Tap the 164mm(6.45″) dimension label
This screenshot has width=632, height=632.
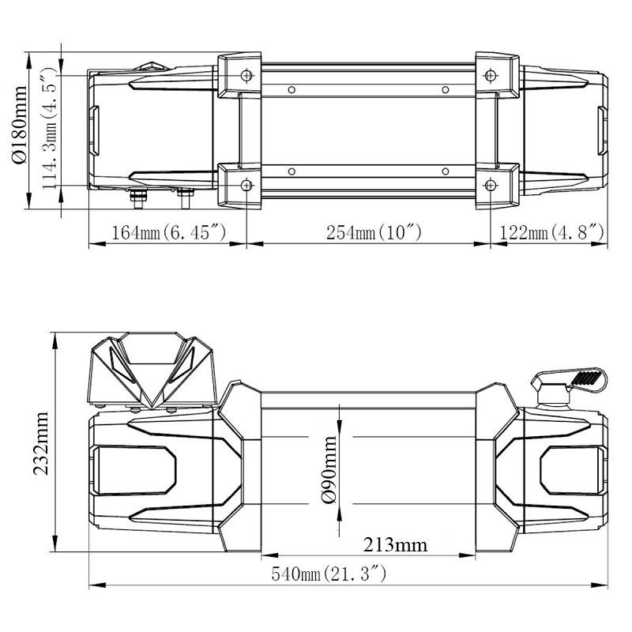tap(169, 233)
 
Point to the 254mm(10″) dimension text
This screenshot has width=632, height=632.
tap(368, 233)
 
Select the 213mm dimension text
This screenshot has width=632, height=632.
tap(394, 545)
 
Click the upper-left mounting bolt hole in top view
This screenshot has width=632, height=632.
tap(247, 75)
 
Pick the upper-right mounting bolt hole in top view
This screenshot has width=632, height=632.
tap(491, 75)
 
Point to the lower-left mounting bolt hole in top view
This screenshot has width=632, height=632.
tap(247, 185)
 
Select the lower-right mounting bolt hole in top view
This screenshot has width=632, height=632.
tap(491, 185)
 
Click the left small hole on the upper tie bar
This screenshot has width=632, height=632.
tap(292, 88)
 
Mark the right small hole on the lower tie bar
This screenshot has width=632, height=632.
tap(445, 171)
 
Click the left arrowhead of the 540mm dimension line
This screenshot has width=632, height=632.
tap(94, 585)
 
